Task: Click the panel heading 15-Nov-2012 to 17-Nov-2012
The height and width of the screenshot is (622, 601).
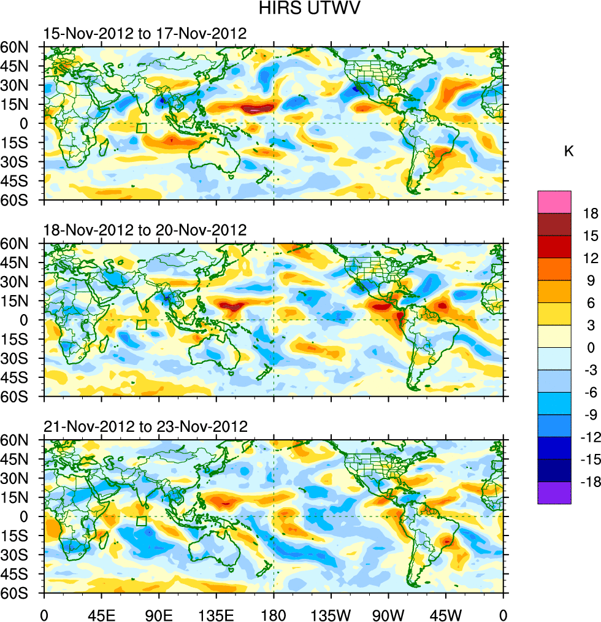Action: click(x=145, y=34)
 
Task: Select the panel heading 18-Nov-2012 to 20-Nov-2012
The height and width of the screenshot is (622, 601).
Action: click(x=145, y=230)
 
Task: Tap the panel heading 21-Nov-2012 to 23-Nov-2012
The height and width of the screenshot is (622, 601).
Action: click(x=145, y=426)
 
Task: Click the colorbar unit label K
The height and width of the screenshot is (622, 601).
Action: click(x=568, y=151)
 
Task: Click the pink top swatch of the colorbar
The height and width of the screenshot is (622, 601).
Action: click(x=554, y=202)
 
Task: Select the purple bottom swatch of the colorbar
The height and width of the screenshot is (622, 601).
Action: click(x=554, y=493)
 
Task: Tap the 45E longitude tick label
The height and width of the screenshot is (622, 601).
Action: click(x=101, y=613)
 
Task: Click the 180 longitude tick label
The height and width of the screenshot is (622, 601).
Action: click(x=274, y=613)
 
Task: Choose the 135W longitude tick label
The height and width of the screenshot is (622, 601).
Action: click(x=331, y=613)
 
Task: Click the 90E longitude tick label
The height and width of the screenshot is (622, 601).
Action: click(x=159, y=613)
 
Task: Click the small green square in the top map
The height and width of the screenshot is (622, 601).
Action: click(x=142, y=128)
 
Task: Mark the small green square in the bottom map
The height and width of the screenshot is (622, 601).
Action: click(x=142, y=521)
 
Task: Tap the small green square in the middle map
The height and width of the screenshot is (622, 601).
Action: click(x=142, y=325)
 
